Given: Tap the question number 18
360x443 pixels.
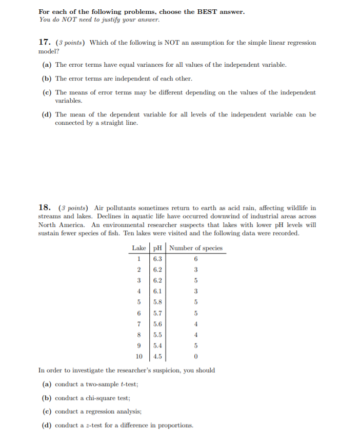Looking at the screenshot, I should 45,207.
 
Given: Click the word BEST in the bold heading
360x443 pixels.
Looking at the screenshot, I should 208,11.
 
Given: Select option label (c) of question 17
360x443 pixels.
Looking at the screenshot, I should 46,92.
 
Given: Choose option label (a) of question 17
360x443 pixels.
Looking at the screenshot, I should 46,65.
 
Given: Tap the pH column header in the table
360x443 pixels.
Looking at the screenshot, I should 158,248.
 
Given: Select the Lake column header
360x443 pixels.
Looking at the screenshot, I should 138,248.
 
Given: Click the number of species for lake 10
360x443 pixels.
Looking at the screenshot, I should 195,356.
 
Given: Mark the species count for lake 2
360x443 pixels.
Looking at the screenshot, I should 195,270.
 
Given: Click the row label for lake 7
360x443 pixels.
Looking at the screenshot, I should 138,324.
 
